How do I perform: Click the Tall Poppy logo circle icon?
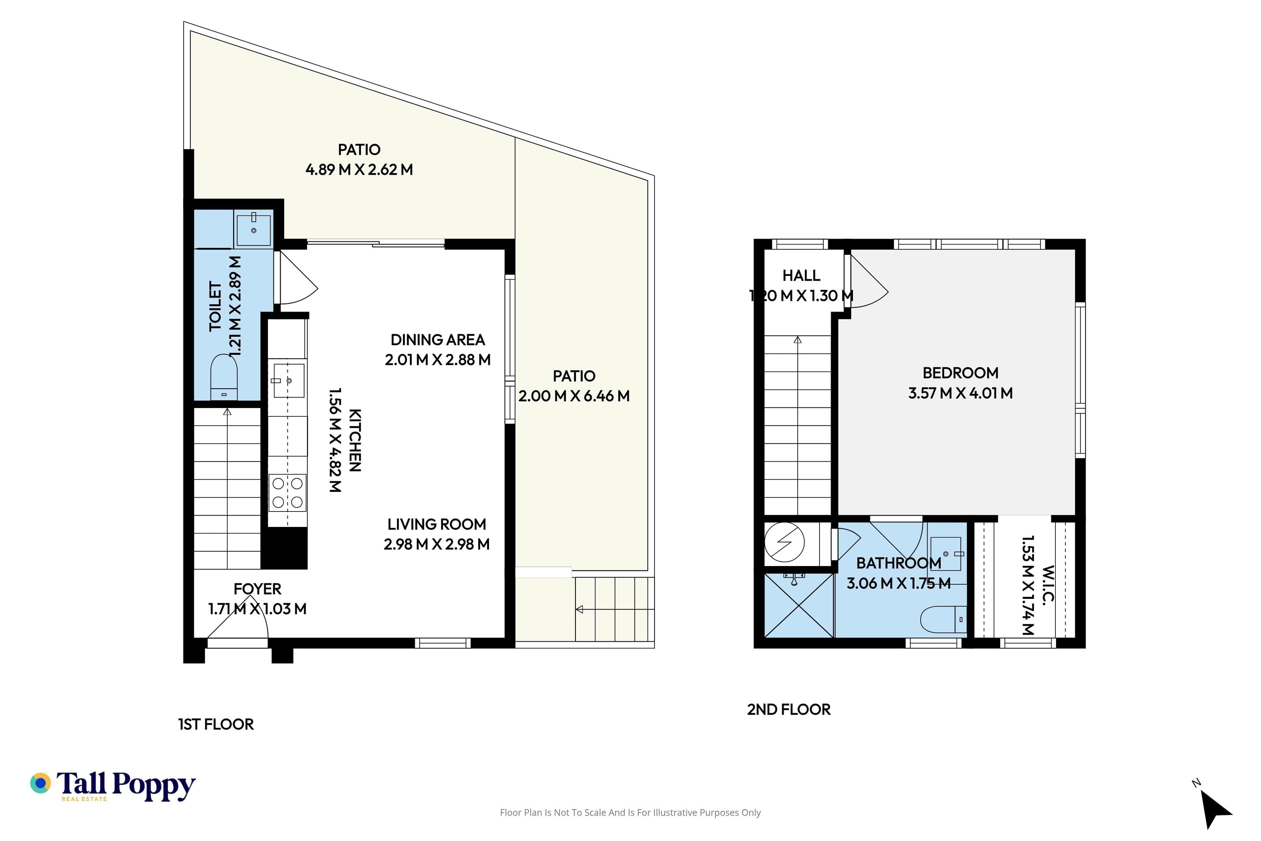[40, 783]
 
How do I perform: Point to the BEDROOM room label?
[960, 373]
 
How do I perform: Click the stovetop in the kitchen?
[287, 492]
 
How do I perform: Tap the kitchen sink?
[288, 381]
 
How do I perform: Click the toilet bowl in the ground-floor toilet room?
[224, 377]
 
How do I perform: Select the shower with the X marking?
[799, 605]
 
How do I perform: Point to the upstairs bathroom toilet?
[943, 620]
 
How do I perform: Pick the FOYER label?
[257, 589]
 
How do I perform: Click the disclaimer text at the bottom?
[630, 812]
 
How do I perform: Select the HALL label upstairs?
[801, 276]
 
